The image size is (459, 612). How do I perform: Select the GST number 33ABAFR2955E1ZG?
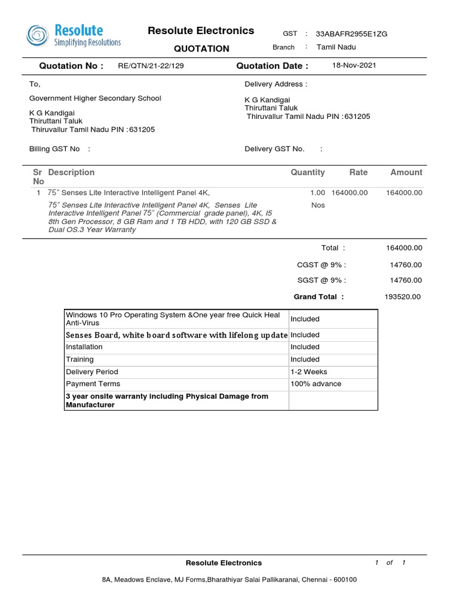point(351,34)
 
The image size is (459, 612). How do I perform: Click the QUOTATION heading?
point(201,49)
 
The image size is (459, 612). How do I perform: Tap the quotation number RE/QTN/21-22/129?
point(151,66)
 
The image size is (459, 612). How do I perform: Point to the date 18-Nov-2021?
point(354,66)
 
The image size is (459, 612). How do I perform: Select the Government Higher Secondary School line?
point(95,99)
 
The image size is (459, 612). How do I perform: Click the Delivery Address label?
point(276,85)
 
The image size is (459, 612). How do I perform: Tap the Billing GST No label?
point(54,149)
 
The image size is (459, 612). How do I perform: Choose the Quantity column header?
point(308,173)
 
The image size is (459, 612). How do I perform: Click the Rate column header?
point(359,173)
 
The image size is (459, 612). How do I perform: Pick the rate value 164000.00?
point(350,193)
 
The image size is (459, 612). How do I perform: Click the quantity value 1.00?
point(318,193)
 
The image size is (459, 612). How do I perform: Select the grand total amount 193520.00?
point(403,297)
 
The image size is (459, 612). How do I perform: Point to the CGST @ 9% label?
point(322,265)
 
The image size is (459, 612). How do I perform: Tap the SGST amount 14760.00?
point(406,280)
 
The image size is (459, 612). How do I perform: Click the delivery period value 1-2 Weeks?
point(309,372)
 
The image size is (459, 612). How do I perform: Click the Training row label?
point(79,360)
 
